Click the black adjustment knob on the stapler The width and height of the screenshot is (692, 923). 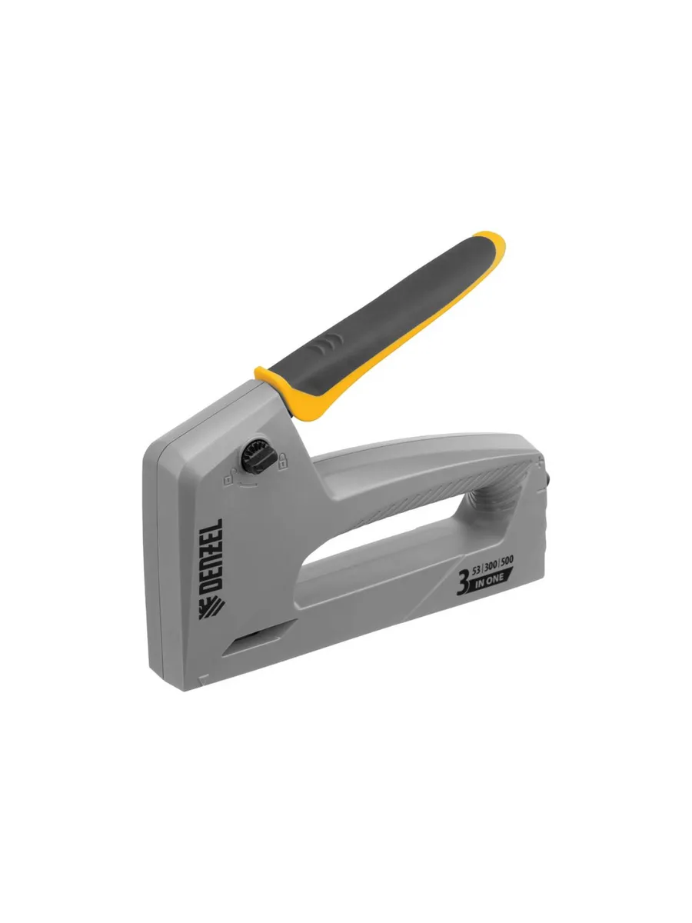tap(259, 456)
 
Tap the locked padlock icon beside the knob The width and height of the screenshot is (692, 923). tap(283, 461)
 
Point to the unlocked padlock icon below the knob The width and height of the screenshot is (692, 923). tap(229, 479)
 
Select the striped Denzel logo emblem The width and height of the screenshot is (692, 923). tap(211, 607)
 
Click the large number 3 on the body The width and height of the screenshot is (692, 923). tap(463, 583)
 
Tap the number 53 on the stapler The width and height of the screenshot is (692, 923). tap(477, 571)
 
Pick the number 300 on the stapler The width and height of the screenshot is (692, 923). tap(491, 566)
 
